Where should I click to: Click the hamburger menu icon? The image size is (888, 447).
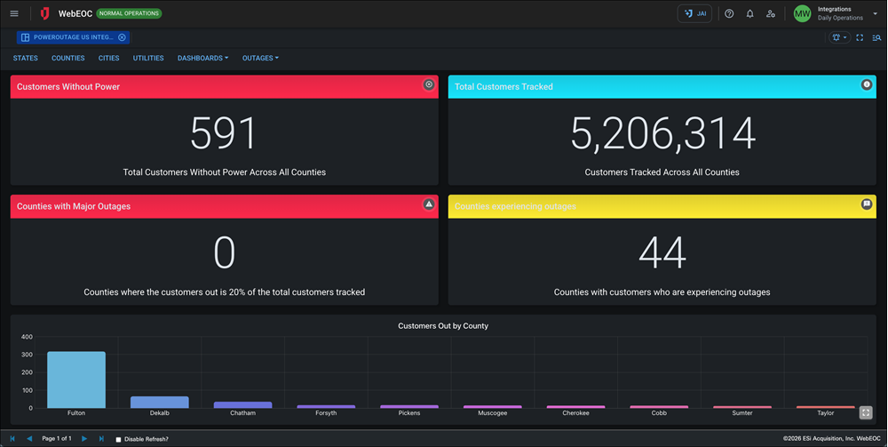tap(14, 13)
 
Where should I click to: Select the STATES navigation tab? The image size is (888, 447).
tap(26, 58)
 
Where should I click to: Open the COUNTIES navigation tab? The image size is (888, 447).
tap(68, 58)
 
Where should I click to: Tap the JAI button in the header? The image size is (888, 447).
tap(694, 13)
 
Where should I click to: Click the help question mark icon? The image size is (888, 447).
tap(729, 13)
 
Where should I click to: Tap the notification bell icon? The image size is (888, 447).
tap(749, 13)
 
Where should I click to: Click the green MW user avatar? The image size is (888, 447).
tap(802, 13)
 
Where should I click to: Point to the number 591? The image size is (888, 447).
tap(224, 134)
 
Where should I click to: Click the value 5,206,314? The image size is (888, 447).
tap(662, 134)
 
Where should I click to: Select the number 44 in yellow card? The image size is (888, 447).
tap(662, 253)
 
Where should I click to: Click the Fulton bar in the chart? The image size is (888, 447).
tap(76, 379)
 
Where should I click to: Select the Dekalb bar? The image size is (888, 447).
tap(160, 402)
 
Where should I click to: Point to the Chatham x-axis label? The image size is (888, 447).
tap(242, 413)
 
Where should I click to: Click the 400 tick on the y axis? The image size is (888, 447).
tap(27, 337)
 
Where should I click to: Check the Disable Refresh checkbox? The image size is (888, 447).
tap(119, 439)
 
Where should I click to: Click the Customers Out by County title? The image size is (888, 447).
tap(443, 326)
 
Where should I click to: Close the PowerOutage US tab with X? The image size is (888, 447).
tap(122, 37)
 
